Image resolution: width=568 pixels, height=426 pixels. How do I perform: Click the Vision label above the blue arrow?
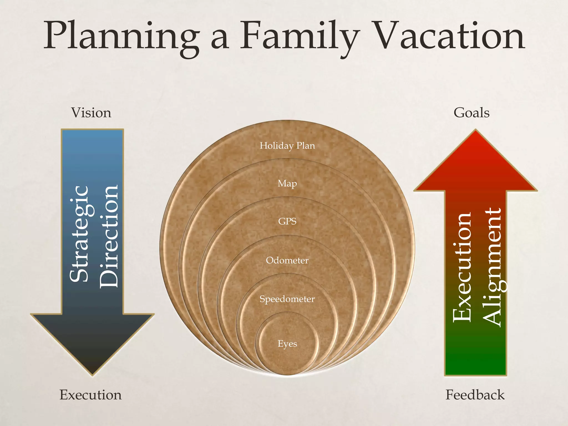[91, 113]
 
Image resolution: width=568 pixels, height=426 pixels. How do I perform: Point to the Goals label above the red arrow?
[471, 113]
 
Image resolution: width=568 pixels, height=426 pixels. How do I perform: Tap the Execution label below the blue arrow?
[90, 395]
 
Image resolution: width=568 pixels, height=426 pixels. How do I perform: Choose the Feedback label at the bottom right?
[475, 395]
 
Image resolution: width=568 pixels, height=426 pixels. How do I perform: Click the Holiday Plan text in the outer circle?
[287, 146]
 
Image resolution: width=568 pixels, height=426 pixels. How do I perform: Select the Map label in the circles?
[287, 184]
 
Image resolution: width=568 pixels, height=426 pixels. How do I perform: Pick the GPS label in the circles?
[287, 221]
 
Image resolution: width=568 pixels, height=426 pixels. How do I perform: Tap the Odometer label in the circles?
[287, 260]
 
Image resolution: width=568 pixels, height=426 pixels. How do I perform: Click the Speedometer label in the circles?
[287, 299]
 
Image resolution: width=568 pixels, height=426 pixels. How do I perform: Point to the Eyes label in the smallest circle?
[287, 344]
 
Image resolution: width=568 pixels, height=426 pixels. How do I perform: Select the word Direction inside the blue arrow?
[109, 236]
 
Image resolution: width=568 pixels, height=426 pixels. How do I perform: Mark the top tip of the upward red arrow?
[476, 132]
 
